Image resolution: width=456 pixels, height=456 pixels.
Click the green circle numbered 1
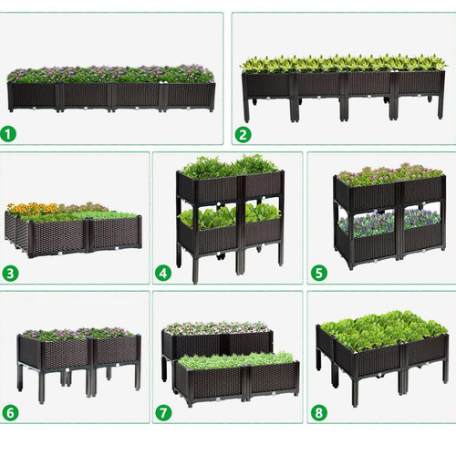(x=8, y=134)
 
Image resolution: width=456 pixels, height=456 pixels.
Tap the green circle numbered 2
(x=243, y=134)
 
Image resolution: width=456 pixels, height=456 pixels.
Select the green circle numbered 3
(x=10, y=274)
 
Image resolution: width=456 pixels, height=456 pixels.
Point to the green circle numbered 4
(x=163, y=273)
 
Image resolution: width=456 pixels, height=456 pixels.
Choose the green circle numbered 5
(x=319, y=273)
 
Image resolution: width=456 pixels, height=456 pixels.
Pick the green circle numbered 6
(x=10, y=412)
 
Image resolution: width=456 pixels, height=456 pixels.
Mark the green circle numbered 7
(x=163, y=412)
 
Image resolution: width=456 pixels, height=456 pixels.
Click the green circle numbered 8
(x=319, y=412)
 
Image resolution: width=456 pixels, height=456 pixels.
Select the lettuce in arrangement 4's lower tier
(x=230, y=215)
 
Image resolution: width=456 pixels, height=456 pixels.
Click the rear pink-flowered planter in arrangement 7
(x=217, y=339)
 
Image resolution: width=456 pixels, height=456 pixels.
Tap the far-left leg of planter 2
(x=246, y=110)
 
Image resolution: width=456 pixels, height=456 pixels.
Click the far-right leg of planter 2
(x=440, y=107)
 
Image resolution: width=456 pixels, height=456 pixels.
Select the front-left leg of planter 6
(x=42, y=387)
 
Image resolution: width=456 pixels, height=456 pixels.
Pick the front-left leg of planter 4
(x=195, y=268)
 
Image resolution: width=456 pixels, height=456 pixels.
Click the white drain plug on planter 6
(x=67, y=370)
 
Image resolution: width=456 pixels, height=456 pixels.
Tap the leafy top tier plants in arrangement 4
(x=230, y=167)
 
